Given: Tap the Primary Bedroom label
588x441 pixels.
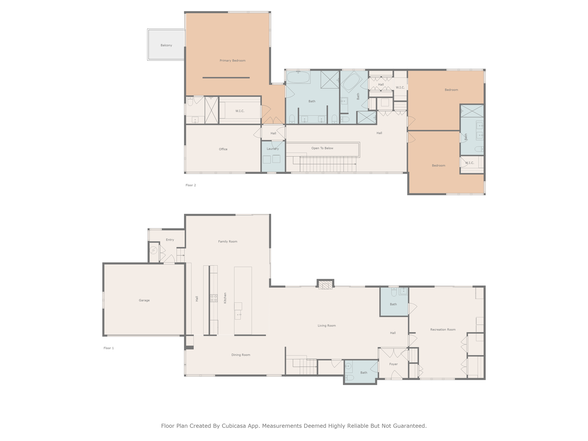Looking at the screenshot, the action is pos(232,61).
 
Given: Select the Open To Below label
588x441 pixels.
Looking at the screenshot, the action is pos(322,148).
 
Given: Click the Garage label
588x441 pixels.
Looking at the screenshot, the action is pos(144,300).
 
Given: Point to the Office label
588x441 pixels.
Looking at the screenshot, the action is pos(223,149).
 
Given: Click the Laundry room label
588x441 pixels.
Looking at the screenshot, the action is pos(273,149).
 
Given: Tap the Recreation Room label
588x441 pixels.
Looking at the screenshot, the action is pos(443,330).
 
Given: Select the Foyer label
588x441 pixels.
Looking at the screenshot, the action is pos(393,364).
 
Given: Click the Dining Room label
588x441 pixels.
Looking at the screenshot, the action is pos(241,355).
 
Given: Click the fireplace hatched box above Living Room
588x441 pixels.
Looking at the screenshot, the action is pos(325,286).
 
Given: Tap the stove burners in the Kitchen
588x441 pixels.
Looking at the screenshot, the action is pos(214,298).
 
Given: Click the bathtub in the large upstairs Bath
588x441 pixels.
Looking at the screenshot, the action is pos(298,77).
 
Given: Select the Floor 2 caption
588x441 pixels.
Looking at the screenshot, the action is pos(191,185).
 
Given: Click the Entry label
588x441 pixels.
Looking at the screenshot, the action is pos(170,240).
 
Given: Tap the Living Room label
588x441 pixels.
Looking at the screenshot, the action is pos(327,326).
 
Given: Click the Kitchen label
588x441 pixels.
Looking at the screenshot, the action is pos(225,298).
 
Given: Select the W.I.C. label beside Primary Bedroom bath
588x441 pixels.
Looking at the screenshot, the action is pos(240,111).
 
